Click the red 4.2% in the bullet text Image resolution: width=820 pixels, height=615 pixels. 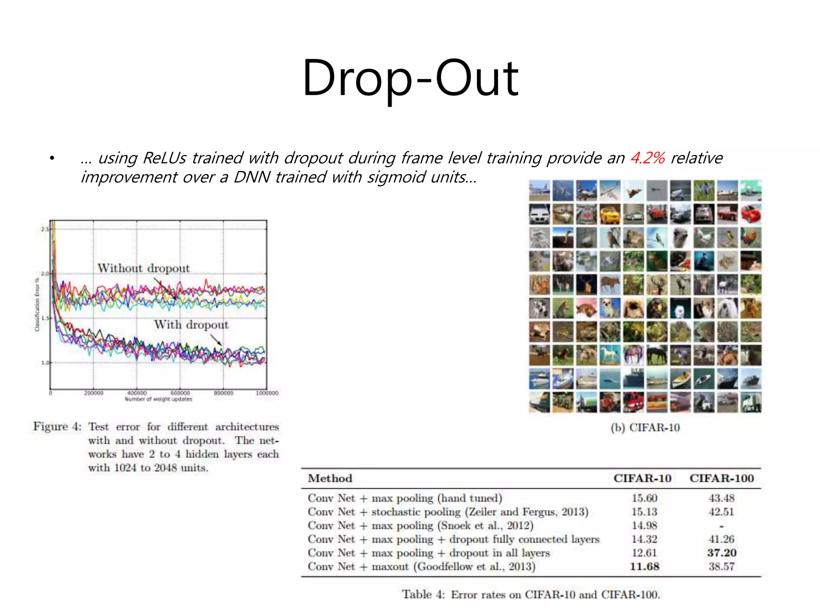pos(647,158)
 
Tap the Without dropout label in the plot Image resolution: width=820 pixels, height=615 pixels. pos(143,268)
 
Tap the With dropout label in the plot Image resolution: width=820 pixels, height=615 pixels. pos(191,324)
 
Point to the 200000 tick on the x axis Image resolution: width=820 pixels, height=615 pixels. pos(94,393)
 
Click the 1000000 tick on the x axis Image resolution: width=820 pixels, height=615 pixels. pos(267,393)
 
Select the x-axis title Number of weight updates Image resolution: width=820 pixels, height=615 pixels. pos(158,399)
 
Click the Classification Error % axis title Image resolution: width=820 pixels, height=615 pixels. pos(37,304)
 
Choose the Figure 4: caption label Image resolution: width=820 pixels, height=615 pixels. pos(57,426)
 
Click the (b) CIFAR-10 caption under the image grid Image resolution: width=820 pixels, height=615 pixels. pos(645,428)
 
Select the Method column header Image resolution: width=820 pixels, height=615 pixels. pos(330,478)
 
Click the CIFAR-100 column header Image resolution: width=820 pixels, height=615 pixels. pos(722,478)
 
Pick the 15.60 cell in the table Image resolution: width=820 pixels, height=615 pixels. pos(644,498)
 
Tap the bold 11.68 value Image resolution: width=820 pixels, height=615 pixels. pos(644,567)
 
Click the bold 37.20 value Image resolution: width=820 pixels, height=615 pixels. pos(722,553)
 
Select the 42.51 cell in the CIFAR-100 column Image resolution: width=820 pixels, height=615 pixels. pos(722,512)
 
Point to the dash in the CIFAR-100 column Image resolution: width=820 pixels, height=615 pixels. pos(722,526)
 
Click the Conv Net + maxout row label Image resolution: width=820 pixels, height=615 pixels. pos(421,567)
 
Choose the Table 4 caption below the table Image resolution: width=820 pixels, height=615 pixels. pos(531,595)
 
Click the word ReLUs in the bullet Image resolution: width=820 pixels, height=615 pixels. pos(164,158)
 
